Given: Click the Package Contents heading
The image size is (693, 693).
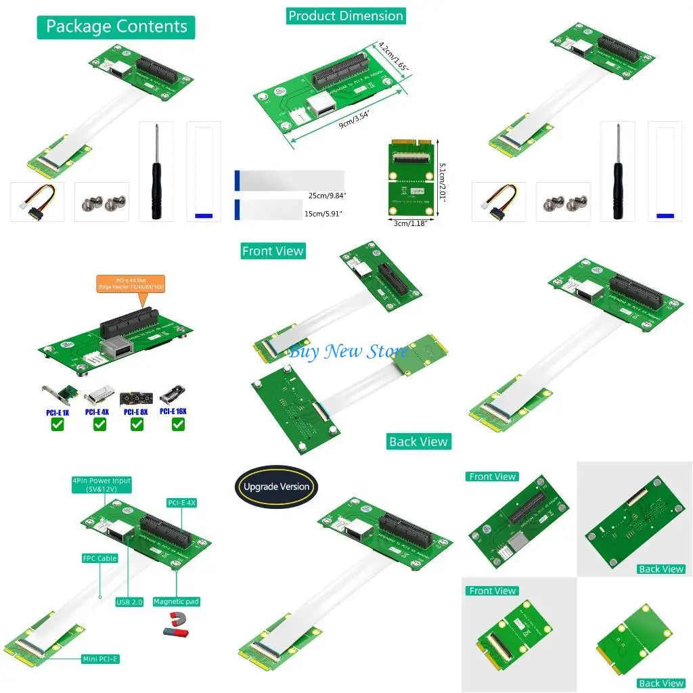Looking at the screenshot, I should (116, 27).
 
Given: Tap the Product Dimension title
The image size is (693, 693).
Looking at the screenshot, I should (345, 16).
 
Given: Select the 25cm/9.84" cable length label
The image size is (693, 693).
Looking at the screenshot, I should (326, 196).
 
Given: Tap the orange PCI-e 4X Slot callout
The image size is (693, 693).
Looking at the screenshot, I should (131, 283).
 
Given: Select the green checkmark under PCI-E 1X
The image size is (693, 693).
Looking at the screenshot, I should (58, 424).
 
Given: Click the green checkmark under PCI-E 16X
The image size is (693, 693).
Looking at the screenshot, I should (178, 424).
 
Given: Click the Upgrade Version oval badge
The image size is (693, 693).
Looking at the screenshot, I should (276, 486).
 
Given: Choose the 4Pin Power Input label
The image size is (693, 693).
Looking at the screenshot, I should (102, 485).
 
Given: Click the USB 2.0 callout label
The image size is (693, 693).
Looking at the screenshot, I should (129, 602).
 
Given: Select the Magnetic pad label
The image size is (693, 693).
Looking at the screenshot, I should (176, 602).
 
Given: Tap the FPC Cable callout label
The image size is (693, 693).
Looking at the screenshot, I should (100, 558).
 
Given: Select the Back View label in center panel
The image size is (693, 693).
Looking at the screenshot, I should (418, 441).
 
